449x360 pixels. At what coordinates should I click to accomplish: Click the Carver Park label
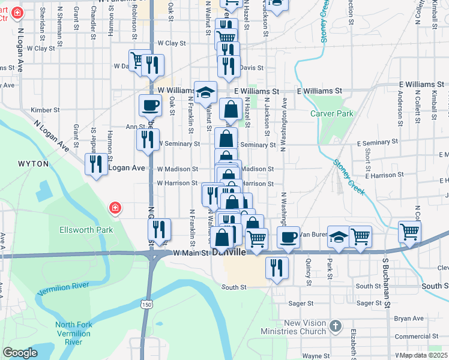tap(332, 113)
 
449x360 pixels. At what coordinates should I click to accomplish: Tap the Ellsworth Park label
tap(86, 230)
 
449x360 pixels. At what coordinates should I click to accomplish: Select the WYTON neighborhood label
tap(29, 163)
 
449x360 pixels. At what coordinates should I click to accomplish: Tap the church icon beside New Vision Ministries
tap(335, 327)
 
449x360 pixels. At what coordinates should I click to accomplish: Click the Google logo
tap(20, 353)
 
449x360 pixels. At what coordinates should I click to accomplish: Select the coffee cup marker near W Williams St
tap(150, 106)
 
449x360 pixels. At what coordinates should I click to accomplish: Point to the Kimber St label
tap(46, 110)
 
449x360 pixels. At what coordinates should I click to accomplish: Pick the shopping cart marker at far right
tap(409, 230)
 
